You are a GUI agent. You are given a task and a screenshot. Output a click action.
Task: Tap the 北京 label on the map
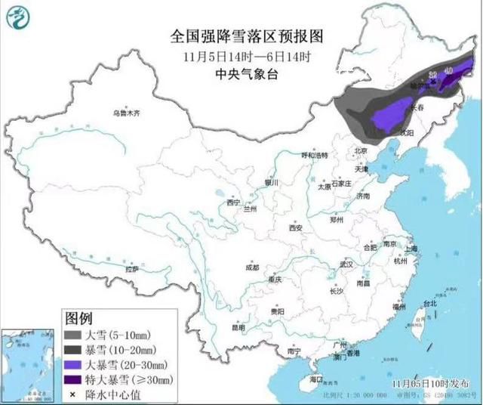[360, 150]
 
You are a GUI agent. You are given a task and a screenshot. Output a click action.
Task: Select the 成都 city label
[251, 267]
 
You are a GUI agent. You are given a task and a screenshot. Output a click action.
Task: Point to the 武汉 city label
[346, 265]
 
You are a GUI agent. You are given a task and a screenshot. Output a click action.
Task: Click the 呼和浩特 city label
[315, 155]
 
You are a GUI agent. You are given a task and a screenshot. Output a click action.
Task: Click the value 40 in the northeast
[449, 70]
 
